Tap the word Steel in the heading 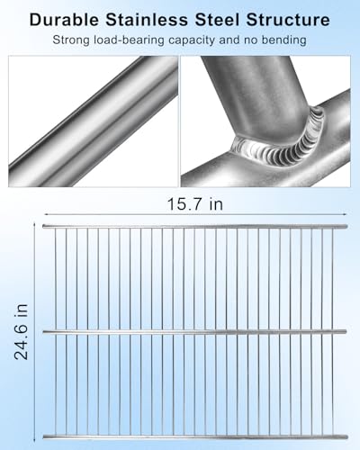(221, 17)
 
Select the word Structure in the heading (292, 17)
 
